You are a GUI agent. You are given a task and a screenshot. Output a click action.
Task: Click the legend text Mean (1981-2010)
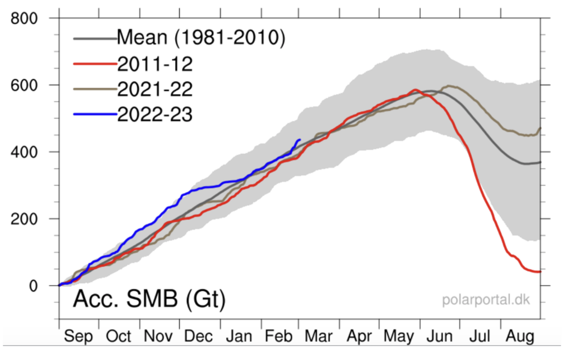click(x=201, y=38)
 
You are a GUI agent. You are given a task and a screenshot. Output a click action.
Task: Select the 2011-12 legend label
click(x=154, y=64)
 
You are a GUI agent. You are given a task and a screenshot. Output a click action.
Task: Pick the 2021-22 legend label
click(x=154, y=89)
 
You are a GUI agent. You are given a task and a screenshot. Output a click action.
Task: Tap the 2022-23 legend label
click(x=154, y=115)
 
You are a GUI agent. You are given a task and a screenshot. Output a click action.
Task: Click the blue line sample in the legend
click(x=95, y=115)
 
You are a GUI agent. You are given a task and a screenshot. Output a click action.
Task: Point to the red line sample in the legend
click(x=95, y=64)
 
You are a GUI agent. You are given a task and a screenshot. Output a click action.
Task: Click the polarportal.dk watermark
click(x=486, y=300)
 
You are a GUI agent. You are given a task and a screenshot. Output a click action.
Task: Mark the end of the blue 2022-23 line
click(x=300, y=140)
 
